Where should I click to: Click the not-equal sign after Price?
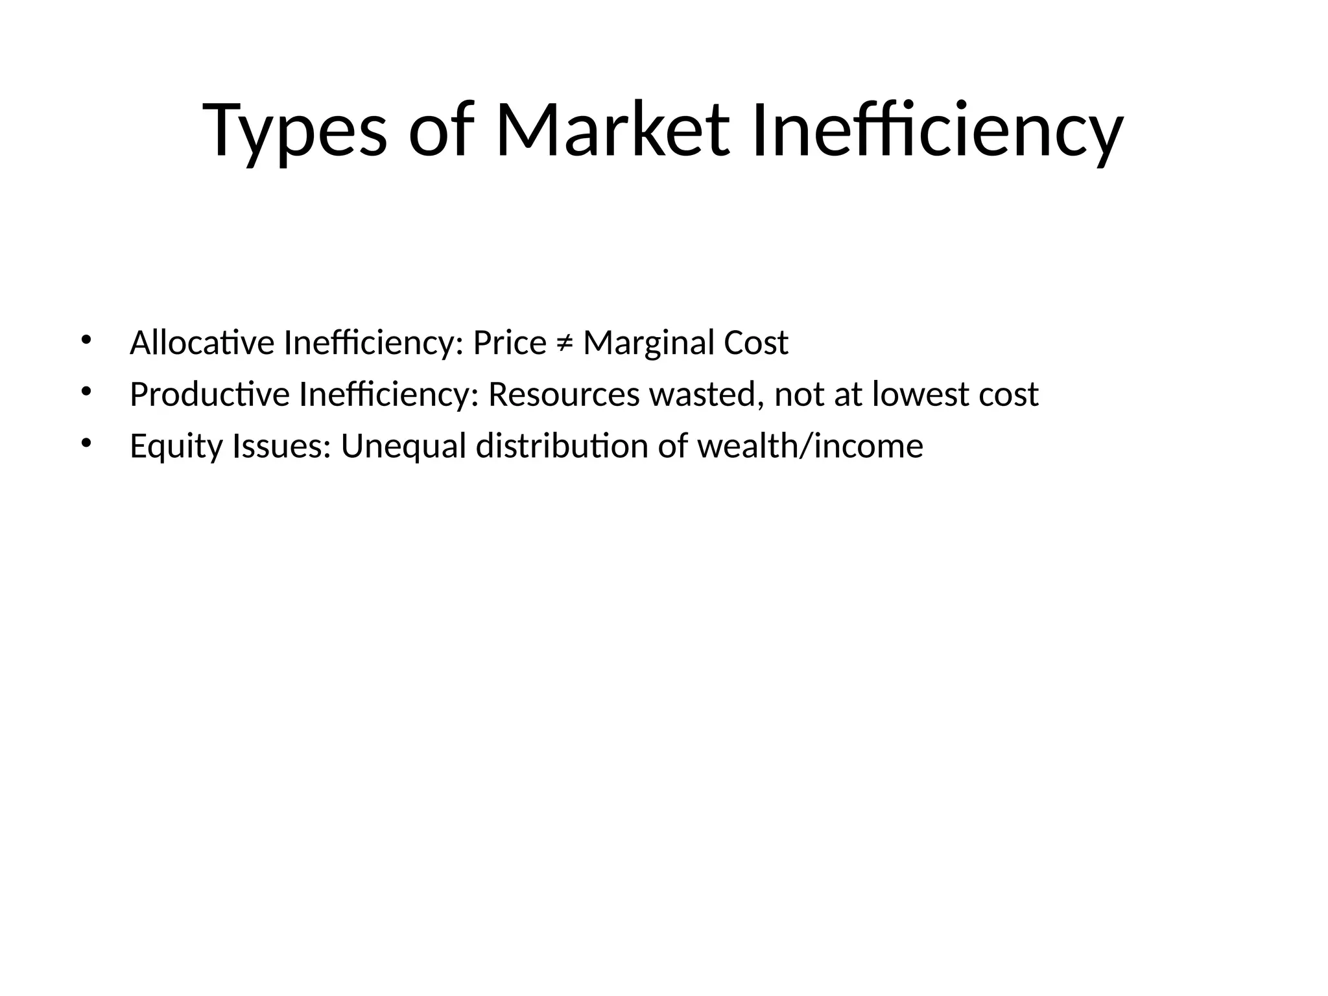[564, 344]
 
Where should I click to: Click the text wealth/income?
[809, 446]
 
